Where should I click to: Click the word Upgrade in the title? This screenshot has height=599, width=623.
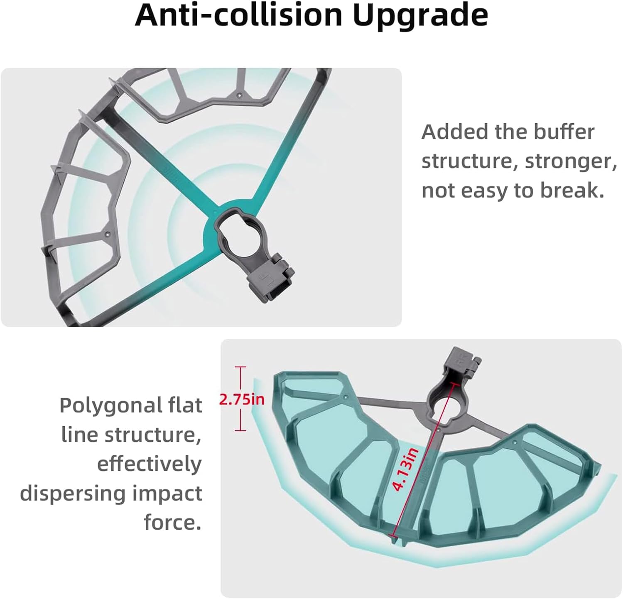[x=420, y=16]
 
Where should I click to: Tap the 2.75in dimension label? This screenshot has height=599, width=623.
[x=241, y=399]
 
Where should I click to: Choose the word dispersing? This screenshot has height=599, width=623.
[x=73, y=494]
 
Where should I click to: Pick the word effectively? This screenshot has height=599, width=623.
[x=150, y=464]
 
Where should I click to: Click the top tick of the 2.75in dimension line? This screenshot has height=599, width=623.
[x=240, y=367]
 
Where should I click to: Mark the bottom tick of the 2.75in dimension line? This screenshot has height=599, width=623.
[x=240, y=430]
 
